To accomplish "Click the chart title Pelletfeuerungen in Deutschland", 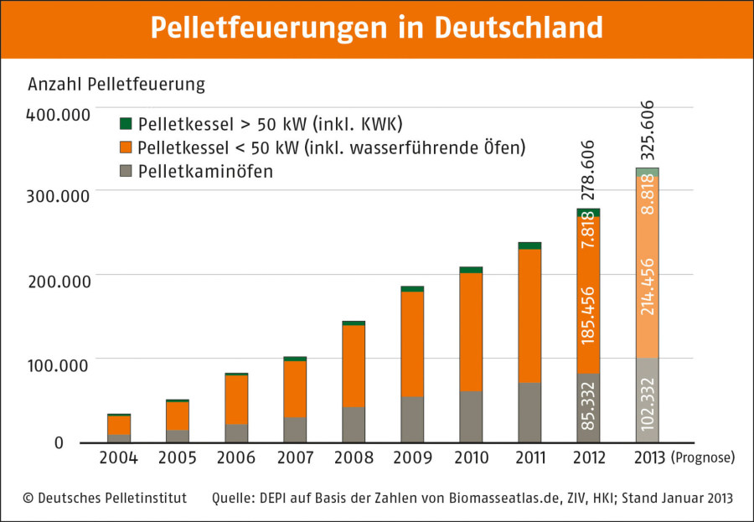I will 376,28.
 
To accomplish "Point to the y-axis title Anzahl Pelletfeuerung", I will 116,85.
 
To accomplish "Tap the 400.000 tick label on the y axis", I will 58,113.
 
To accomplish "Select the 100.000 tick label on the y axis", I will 58,365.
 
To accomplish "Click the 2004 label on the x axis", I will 118,458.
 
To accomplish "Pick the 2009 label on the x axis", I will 411,458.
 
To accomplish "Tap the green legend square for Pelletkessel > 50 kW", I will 127,124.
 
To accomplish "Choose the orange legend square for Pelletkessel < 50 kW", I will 127,148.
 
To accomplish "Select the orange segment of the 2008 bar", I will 354,365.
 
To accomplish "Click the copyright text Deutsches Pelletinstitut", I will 105,498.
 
